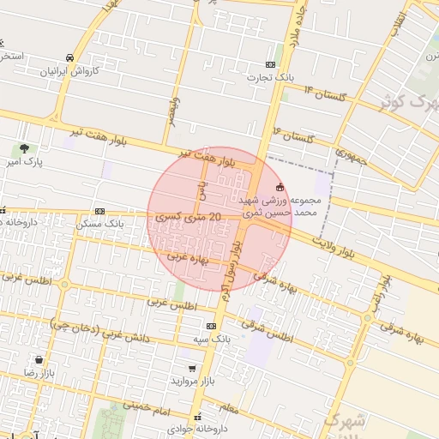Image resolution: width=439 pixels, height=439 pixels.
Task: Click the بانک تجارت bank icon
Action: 271,64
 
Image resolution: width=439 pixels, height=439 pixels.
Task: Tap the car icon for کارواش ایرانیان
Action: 69,58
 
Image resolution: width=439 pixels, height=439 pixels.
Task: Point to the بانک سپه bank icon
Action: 211,327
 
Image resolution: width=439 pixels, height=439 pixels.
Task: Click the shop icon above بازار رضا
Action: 39,360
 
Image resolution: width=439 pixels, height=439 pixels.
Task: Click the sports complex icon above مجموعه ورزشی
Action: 280,187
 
